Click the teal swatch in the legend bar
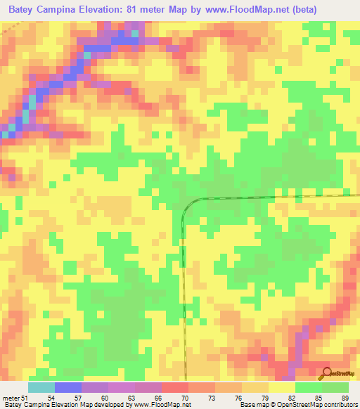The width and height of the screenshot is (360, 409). (x=41, y=387)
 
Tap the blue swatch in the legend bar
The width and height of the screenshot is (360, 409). (x=67, y=387)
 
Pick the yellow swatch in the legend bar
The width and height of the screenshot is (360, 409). (x=281, y=387)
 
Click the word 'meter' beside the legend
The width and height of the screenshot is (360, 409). (x=10, y=396)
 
